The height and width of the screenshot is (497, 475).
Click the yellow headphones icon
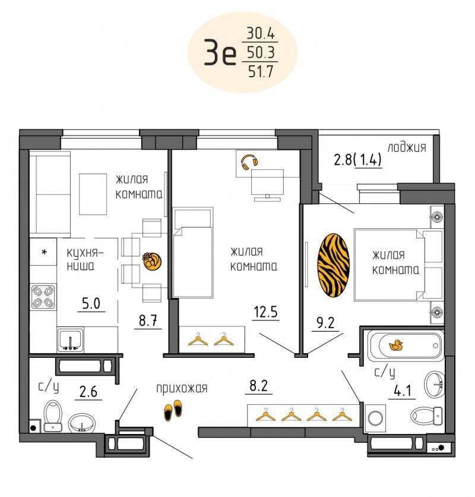tap(249, 162)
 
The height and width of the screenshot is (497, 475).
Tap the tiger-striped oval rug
tap(334, 266)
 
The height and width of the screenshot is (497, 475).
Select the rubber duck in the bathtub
tap(395, 345)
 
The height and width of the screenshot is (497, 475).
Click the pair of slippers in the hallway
tap(173, 410)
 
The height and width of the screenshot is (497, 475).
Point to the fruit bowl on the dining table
tap(151, 261)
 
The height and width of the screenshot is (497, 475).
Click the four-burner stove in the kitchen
tap(43, 297)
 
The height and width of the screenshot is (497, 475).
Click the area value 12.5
tap(265, 312)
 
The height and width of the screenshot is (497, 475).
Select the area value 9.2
tap(325, 323)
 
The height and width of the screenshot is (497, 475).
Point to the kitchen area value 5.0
tap(91, 303)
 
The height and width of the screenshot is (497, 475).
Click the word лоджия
tap(407, 147)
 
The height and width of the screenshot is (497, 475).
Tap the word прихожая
tap(182, 388)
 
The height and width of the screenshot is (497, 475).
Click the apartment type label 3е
tap(220, 52)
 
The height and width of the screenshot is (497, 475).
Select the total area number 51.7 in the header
tap(260, 72)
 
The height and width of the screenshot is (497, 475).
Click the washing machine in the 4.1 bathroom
tap(375, 418)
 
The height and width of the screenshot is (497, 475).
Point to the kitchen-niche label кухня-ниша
tap(85, 259)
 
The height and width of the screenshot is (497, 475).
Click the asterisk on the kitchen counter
tap(45, 252)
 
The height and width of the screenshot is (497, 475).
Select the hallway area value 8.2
tap(259, 386)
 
